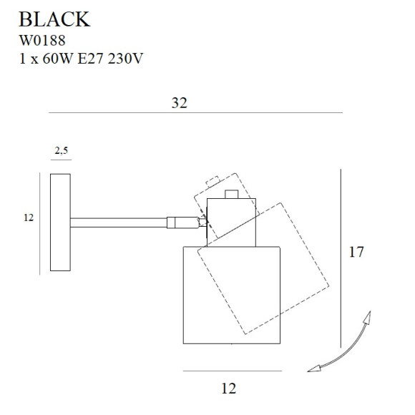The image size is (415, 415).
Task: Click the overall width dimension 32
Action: [x=180, y=103]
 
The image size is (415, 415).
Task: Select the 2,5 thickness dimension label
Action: [x=61, y=151]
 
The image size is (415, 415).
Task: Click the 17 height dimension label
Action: [x=358, y=252]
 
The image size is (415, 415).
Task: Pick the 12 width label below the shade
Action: [x=228, y=389]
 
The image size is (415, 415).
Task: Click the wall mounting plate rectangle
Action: [x=60, y=222]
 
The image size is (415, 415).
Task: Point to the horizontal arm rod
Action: [x=118, y=222]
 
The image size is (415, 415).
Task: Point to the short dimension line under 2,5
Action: [x=61, y=160]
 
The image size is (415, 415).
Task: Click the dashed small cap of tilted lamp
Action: [x=212, y=182]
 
